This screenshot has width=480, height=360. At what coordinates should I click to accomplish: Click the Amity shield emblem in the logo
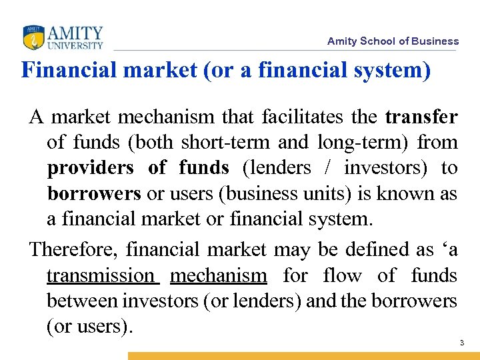pos(33,37)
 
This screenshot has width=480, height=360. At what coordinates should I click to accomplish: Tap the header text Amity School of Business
pos(393,41)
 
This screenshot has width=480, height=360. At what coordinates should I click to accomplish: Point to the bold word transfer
pos(421,117)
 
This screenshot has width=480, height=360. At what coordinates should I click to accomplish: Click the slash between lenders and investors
pos(328,168)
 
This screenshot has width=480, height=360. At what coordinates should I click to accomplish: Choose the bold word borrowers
pos(94,193)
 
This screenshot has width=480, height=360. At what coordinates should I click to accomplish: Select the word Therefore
pos(73,249)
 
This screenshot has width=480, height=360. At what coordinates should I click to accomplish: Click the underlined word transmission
pos(101,275)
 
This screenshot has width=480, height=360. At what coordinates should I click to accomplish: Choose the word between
pos(83,301)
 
